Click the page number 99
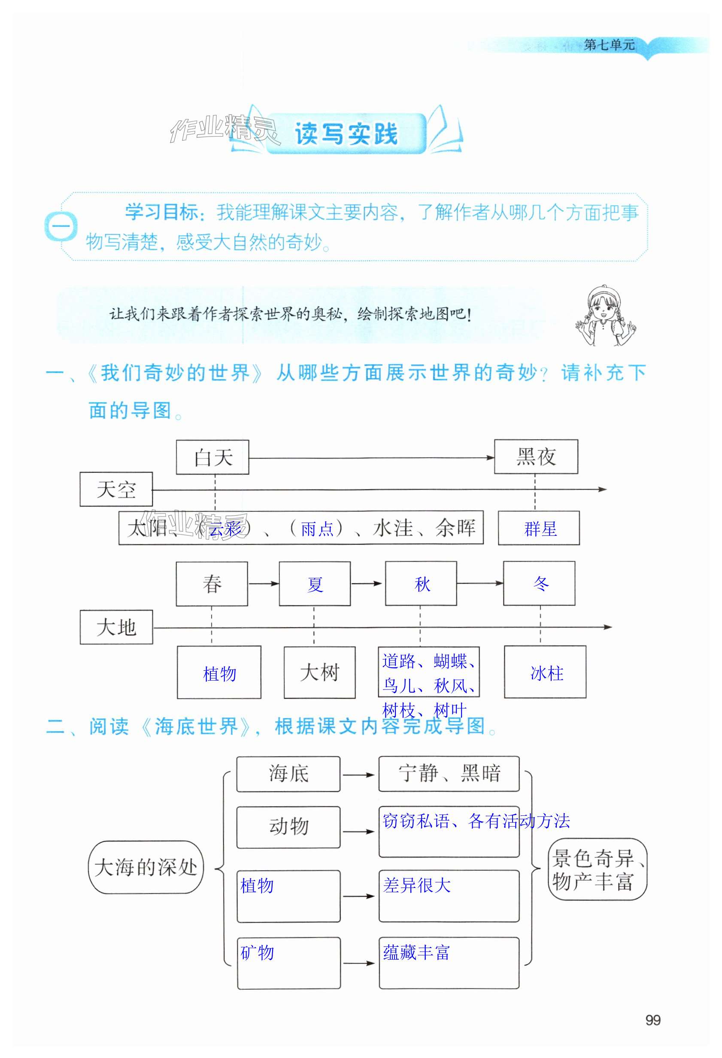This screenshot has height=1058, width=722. (x=653, y=1020)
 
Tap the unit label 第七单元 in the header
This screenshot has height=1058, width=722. (x=609, y=45)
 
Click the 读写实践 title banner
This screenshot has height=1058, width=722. (x=346, y=134)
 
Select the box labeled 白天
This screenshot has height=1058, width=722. (x=212, y=457)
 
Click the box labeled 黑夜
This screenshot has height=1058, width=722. (x=536, y=456)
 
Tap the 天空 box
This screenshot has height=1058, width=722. (x=116, y=489)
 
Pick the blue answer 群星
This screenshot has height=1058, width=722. (x=540, y=529)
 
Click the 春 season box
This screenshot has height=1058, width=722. (x=212, y=584)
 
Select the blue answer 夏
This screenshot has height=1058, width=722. (x=315, y=584)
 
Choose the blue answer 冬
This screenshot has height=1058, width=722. (x=540, y=583)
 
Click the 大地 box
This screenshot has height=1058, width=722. (x=116, y=627)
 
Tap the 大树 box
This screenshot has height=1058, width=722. (x=319, y=672)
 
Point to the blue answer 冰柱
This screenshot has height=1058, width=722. (x=547, y=673)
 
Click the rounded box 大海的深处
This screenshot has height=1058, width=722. (x=146, y=867)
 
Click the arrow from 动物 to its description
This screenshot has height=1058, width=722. (x=359, y=832)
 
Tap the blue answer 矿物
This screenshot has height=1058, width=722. (x=257, y=952)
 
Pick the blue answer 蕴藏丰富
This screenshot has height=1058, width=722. (x=416, y=952)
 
